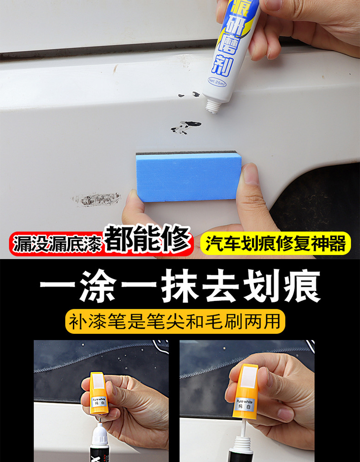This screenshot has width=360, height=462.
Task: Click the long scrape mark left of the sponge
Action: pos(97,199)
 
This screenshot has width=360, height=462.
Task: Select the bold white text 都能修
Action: pos(148,241)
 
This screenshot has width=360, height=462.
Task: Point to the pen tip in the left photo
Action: pos(98,426)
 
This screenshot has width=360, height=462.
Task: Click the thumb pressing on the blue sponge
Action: pos(252,182)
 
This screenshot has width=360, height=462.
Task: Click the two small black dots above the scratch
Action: pos(188,95)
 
